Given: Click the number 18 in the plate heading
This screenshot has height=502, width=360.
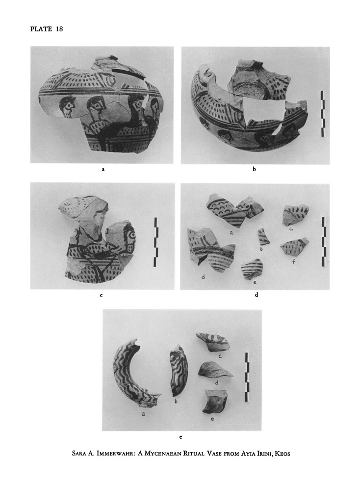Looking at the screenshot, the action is click(59, 29).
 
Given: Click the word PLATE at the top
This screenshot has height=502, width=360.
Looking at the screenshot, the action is click(41, 29).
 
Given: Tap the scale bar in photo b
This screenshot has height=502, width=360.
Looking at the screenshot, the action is click(323, 114).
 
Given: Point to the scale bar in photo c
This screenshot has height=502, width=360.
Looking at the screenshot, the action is click(156, 242).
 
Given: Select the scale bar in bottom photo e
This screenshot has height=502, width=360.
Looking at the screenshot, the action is click(247, 377).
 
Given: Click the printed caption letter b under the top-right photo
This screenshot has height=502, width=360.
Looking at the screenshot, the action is click(255, 169).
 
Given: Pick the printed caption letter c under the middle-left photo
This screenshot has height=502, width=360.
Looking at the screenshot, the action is click(101, 295).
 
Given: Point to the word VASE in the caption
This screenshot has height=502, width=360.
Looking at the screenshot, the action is click(209, 453).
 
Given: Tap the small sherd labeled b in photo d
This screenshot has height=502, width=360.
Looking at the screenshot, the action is click(263, 236).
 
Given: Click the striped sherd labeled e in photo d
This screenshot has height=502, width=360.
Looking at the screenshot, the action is click(252, 269).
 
